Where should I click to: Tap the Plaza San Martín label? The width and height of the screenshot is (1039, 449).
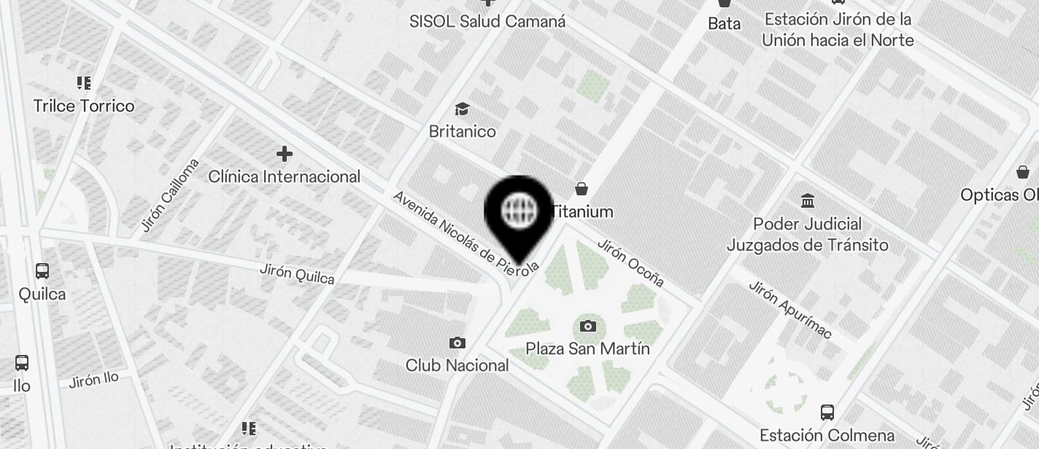click(587, 348)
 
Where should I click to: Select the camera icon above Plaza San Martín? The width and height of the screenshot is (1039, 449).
click(587, 326)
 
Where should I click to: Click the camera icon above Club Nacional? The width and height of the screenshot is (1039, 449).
click(457, 343)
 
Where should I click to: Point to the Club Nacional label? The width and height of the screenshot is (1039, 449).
click(457, 365)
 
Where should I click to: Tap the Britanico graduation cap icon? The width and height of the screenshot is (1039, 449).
click(462, 109)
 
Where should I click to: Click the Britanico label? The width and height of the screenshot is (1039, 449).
click(462, 131)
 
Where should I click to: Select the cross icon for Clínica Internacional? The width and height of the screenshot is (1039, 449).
click(285, 154)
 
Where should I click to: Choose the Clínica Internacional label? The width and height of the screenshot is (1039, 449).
click(285, 176)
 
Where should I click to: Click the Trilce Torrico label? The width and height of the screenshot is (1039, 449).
click(84, 106)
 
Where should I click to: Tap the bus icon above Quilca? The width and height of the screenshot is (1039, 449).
click(42, 271)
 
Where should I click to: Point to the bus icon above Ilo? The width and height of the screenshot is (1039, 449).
click(22, 362)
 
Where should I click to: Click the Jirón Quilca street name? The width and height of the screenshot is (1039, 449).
click(297, 273)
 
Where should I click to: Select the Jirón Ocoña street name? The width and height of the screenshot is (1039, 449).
click(630, 262)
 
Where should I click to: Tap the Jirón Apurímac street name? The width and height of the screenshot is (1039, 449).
click(789, 309)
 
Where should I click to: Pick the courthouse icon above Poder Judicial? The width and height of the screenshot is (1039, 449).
click(808, 200)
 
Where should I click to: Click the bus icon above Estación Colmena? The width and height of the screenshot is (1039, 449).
click(827, 413)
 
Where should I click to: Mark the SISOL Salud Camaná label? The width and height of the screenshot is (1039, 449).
click(487, 21)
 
